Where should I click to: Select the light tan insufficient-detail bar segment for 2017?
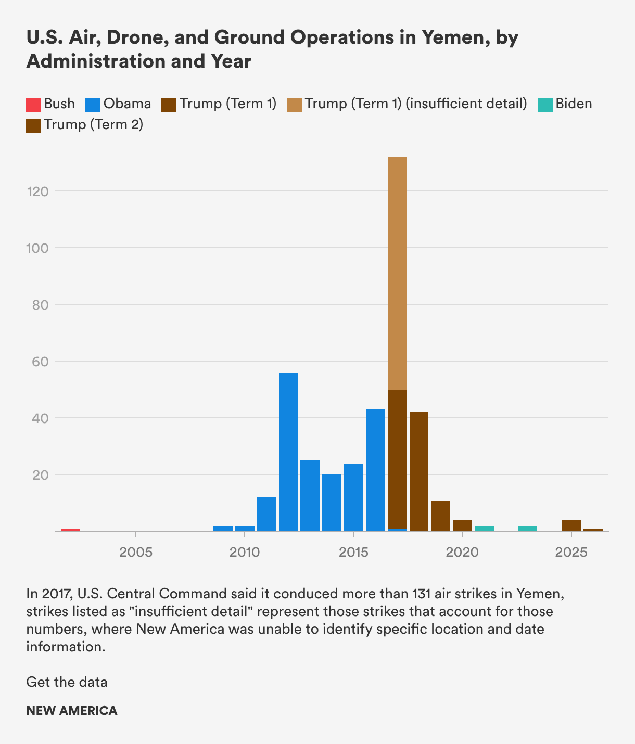click(x=397, y=273)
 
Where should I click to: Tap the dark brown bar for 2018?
click(x=419, y=471)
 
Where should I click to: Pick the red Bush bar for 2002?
click(x=70, y=530)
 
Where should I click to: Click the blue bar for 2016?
click(x=375, y=470)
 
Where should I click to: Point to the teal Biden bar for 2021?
click(x=484, y=529)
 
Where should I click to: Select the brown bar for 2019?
click(x=440, y=516)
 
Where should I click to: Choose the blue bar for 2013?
click(x=310, y=496)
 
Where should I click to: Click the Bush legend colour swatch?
click(x=33, y=105)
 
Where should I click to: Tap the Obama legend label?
click(x=127, y=104)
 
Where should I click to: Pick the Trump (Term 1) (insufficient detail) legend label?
click(x=416, y=104)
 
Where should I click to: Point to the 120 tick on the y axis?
click(x=37, y=191)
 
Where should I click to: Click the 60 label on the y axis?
click(x=37, y=361)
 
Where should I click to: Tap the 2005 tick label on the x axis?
click(x=136, y=552)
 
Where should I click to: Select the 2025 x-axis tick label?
click(x=571, y=552)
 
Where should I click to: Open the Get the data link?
click(x=67, y=682)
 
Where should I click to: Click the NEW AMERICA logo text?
click(x=72, y=711)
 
